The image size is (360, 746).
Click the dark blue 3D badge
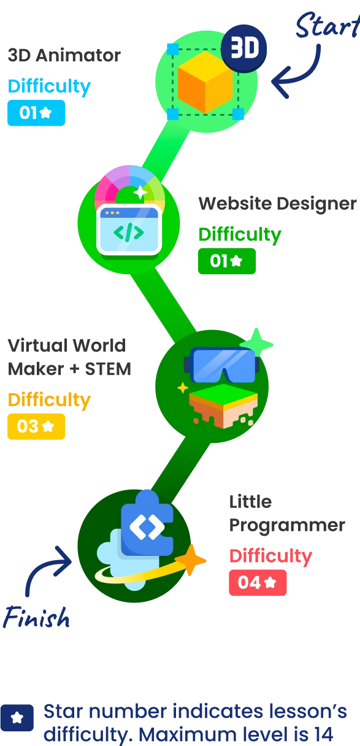click(x=244, y=48)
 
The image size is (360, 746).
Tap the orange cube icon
click(x=205, y=82)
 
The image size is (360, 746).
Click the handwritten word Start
click(x=325, y=26)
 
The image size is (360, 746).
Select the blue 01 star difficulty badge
click(x=36, y=113)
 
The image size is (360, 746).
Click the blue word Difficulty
click(x=49, y=87)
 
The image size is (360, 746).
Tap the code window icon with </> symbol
click(x=129, y=230)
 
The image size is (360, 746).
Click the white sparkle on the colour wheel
click(x=140, y=192)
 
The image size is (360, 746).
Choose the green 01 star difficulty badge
click(x=226, y=261)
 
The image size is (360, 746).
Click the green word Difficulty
click(x=239, y=234)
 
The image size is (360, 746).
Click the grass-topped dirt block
click(x=223, y=406)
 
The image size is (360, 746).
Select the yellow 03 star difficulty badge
click(x=36, y=426)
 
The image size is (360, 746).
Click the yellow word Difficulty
click(x=49, y=400)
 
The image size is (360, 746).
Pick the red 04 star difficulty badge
click(x=257, y=583)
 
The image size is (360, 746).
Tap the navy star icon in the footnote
click(x=17, y=718)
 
